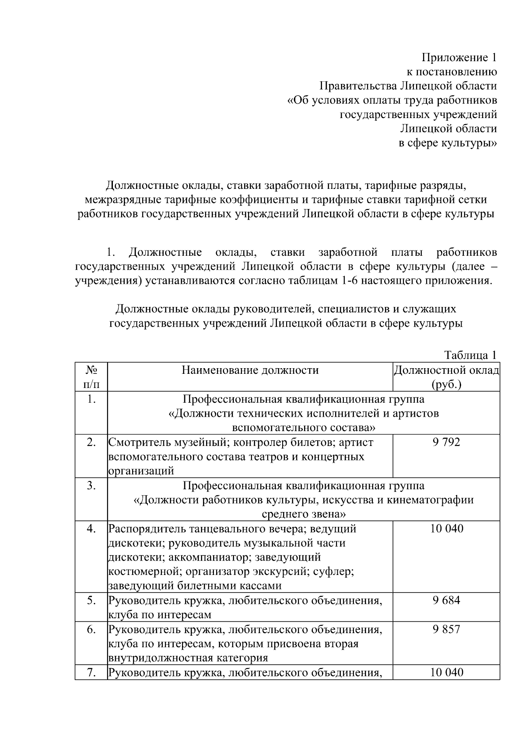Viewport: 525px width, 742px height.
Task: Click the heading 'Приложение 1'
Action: click(459, 57)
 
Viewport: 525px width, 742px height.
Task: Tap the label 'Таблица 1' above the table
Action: click(470, 355)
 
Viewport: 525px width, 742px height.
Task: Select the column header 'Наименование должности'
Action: click(250, 370)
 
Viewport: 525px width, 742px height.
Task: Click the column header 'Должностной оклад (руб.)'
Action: click(446, 377)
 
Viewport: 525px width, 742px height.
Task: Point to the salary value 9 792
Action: click(446, 442)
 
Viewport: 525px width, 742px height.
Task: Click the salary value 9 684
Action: click(446, 600)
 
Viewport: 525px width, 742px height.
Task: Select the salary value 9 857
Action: click(446, 629)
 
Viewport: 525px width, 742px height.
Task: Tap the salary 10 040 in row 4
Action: click(446, 529)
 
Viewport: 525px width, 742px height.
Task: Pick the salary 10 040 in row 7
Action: click(446, 672)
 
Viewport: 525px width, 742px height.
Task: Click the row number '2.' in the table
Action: click(91, 442)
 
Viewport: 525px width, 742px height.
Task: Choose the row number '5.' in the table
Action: click(91, 600)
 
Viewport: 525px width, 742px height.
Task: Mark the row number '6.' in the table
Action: click(91, 629)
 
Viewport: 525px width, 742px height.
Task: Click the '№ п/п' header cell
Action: click(91, 377)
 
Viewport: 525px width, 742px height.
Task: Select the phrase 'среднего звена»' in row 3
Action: click(304, 514)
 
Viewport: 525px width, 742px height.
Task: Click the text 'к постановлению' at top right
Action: click(452, 72)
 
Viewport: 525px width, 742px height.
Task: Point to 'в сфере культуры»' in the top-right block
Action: click(448, 143)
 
